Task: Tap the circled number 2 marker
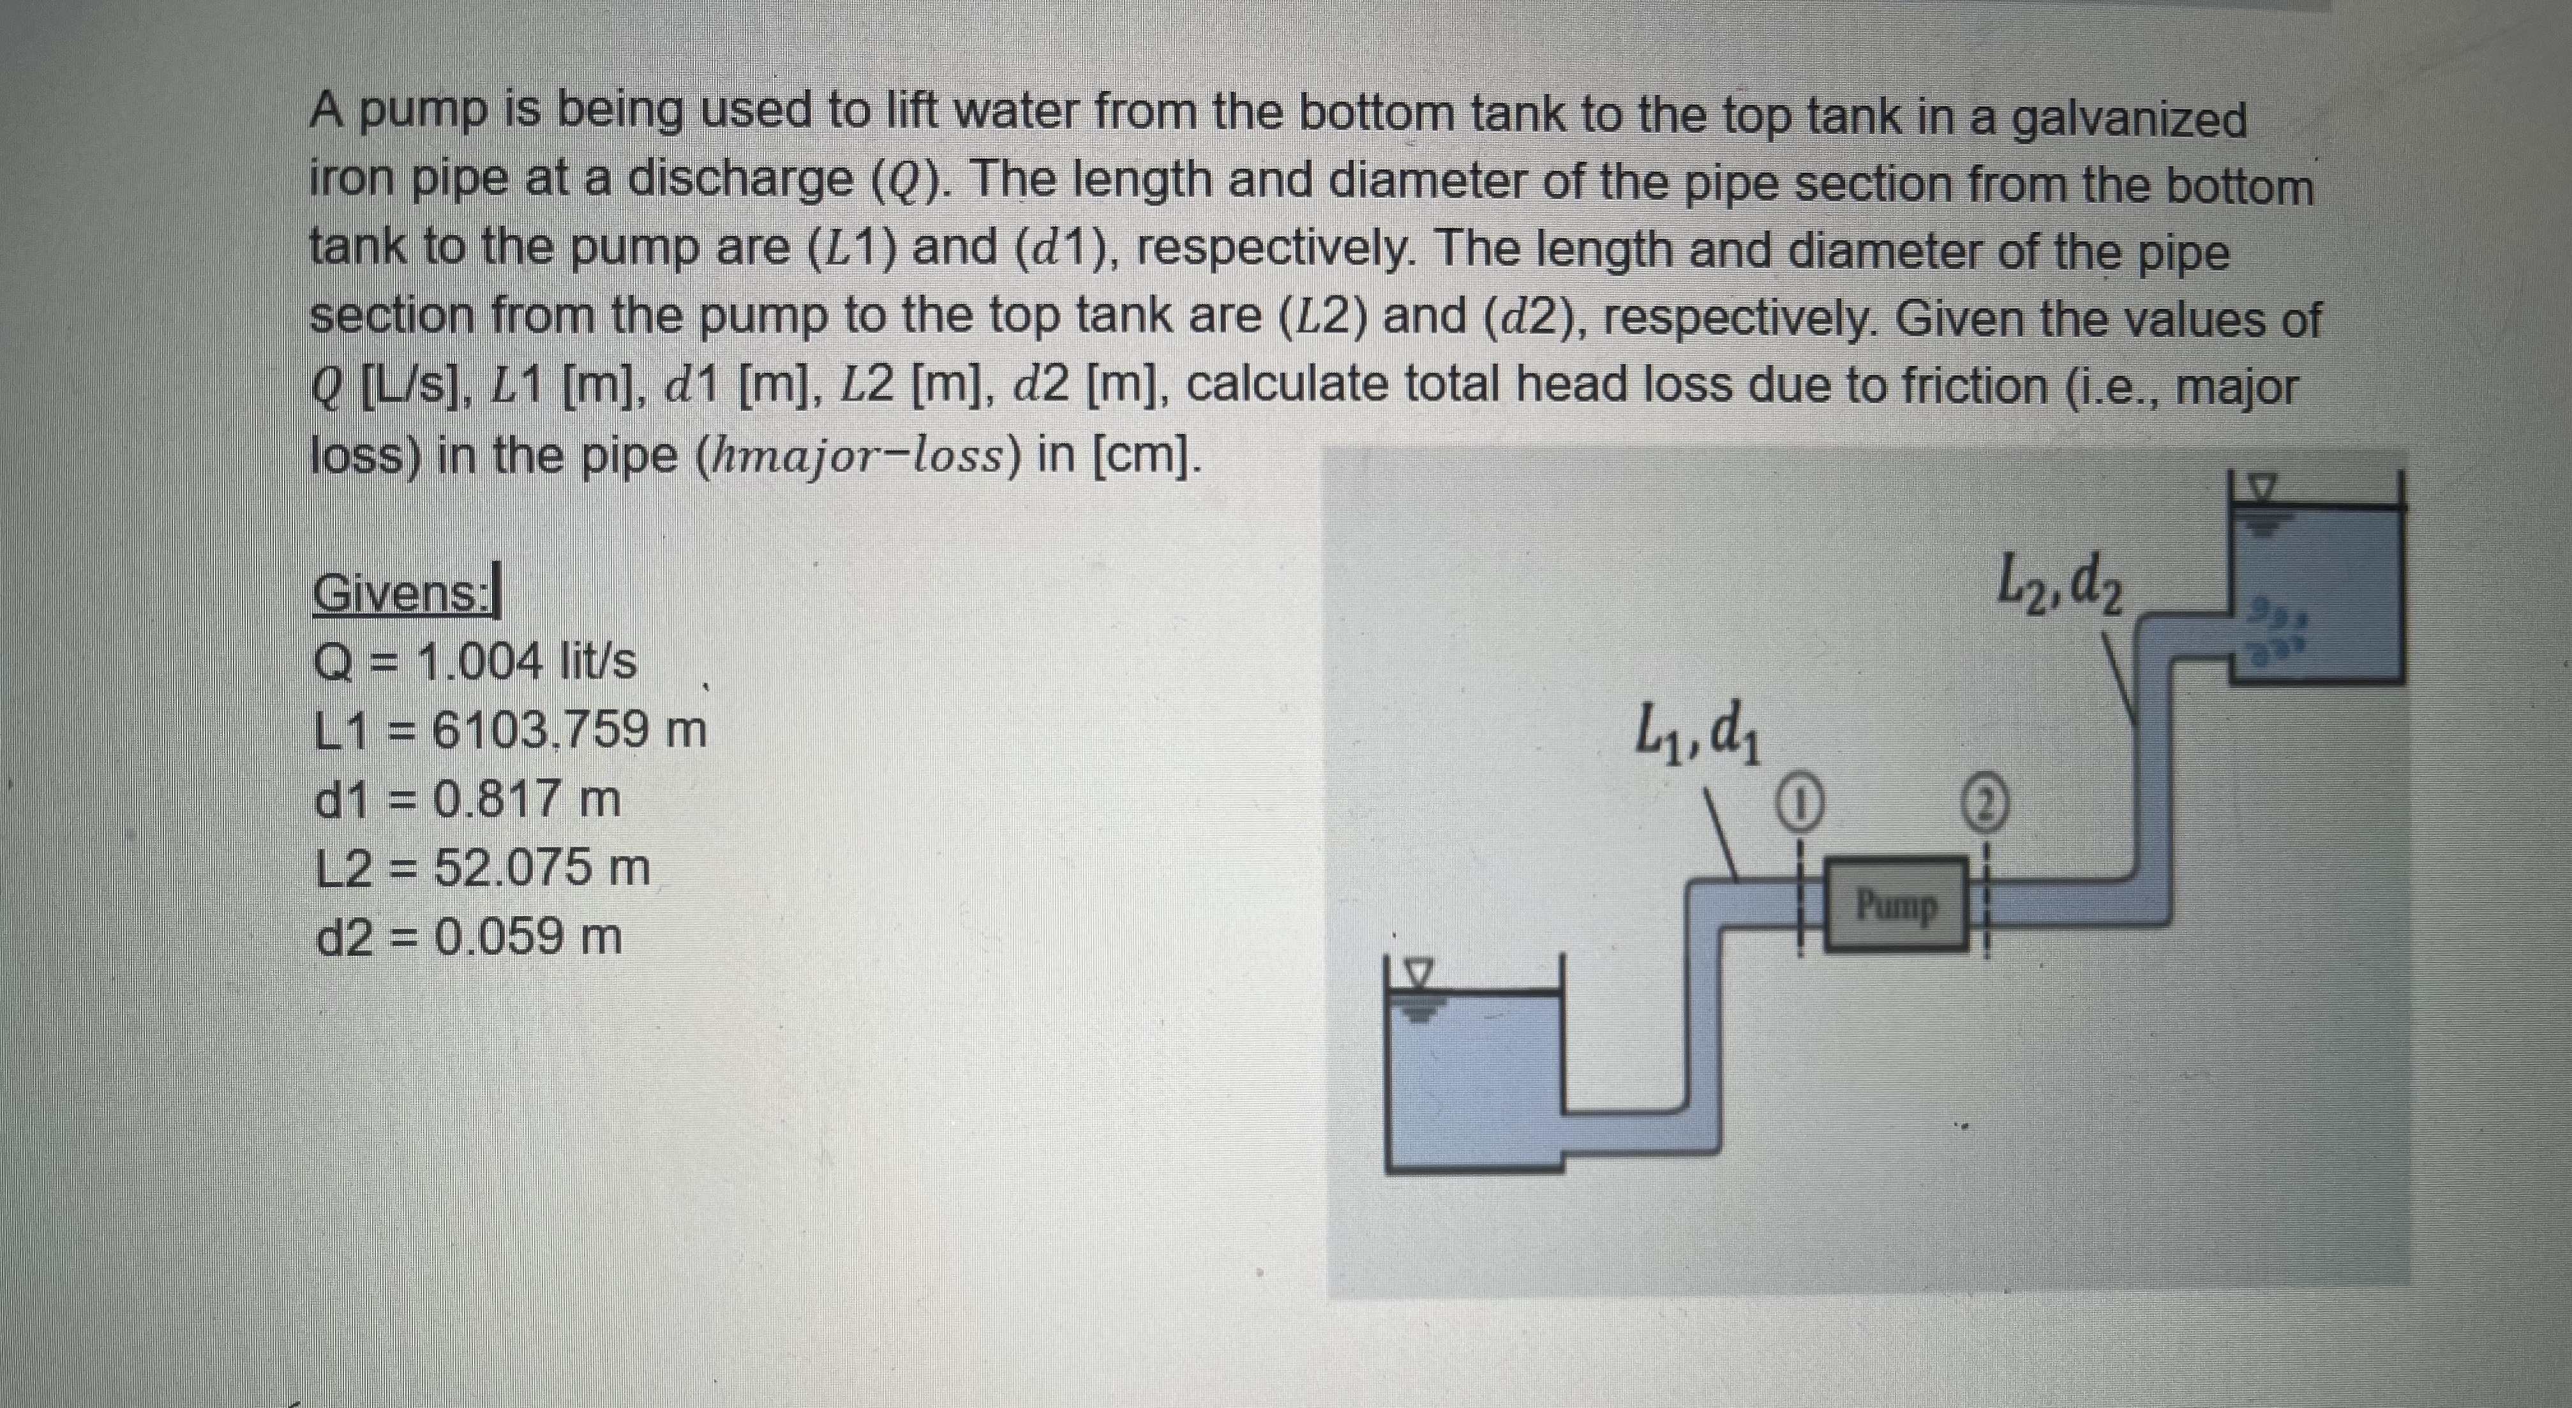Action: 1987,803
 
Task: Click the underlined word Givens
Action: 407,595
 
